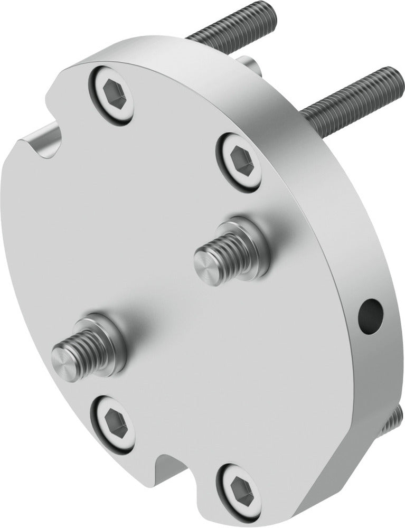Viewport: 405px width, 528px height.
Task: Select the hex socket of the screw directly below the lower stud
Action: [x=112, y=422]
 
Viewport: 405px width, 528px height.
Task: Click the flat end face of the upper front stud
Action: [x=204, y=262]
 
